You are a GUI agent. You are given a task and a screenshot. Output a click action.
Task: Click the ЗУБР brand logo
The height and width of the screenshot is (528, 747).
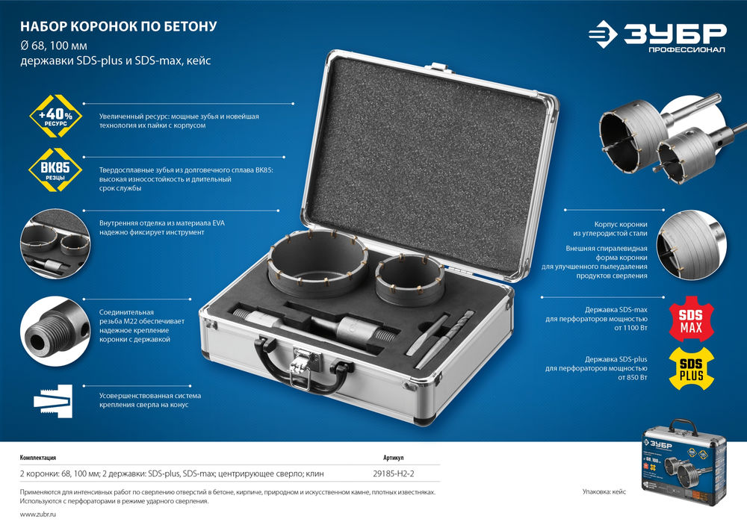pyautogui.click(x=657, y=36)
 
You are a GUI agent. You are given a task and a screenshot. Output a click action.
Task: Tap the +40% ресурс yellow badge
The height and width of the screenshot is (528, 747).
pyautogui.click(x=56, y=117)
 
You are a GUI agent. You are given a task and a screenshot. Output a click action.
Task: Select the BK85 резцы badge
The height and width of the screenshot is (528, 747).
pyautogui.click(x=55, y=170)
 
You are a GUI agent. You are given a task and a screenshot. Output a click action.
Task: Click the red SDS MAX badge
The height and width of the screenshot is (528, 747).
pyautogui.click(x=691, y=319)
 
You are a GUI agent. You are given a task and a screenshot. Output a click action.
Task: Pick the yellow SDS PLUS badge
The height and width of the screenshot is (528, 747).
pyautogui.click(x=691, y=368)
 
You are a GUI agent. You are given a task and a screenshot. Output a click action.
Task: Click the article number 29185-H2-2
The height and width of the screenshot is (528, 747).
pyautogui.click(x=394, y=473)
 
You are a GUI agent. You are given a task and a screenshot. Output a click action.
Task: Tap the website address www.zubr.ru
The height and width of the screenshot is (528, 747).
pyautogui.click(x=38, y=515)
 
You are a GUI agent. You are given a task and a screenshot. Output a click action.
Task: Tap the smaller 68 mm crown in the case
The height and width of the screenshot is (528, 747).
pyautogui.click(x=409, y=279)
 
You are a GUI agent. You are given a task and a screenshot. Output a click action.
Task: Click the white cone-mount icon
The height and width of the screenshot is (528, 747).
pyautogui.click(x=53, y=401)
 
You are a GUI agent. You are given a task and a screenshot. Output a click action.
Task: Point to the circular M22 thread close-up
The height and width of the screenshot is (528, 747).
pyautogui.click(x=55, y=332)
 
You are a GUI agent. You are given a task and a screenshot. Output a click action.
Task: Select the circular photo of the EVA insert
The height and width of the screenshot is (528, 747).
pyautogui.click(x=55, y=243)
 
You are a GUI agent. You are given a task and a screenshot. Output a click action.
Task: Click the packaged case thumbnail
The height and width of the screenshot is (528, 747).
pyautogui.click(x=684, y=461)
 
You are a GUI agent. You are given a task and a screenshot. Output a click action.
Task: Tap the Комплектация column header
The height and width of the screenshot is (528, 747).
pyautogui.click(x=38, y=458)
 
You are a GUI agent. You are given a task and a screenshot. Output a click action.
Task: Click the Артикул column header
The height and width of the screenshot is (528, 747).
pyautogui.click(x=394, y=458)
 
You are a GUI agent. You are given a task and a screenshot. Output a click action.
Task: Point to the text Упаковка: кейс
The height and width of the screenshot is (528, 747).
pyautogui.click(x=604, y=492)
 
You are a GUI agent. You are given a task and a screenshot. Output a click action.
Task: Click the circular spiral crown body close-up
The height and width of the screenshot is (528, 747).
pyautogui.click(x=691, y=245)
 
